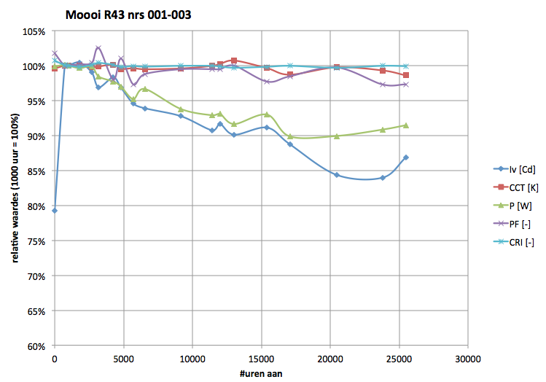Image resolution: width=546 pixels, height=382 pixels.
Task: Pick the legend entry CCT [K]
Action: coord(521,187)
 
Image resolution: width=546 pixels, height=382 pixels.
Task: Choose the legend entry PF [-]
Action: coord(518,224)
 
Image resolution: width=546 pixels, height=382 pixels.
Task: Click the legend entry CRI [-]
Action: coord(519,243)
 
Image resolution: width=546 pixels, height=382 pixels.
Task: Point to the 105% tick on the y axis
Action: coord(35,32)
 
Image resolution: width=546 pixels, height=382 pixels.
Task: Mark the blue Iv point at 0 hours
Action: coord(55,211)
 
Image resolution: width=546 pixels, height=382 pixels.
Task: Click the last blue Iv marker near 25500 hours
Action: coord(405,157)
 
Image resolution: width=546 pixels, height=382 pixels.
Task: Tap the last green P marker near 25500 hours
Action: coord(405,125)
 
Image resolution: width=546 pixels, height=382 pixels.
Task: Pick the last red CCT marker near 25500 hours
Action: coord(405,75)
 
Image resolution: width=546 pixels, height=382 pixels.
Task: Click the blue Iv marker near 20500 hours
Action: coord(337,175)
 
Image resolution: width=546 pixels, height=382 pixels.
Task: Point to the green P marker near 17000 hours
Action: coord(290,136)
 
